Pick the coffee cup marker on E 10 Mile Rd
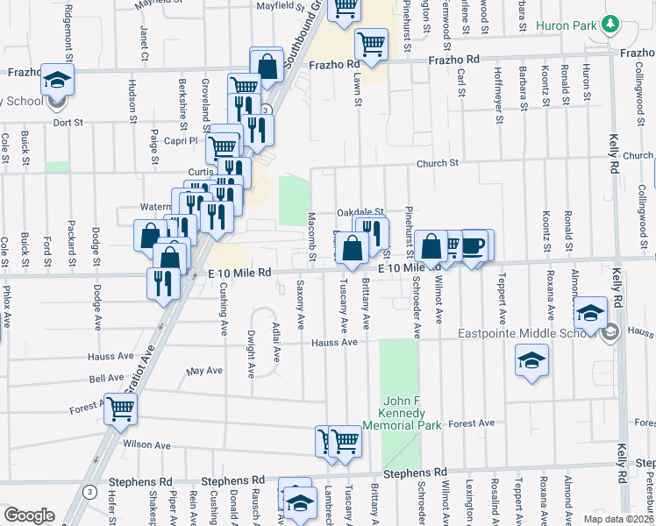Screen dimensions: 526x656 473,245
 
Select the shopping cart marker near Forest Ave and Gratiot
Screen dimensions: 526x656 121,408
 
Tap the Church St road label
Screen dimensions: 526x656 438,163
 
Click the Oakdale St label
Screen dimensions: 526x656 361,212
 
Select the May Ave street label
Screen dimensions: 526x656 205,371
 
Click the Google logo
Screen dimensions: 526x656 29,515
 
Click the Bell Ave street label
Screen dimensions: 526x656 106,378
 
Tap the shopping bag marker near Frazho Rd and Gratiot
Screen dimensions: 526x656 266,65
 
